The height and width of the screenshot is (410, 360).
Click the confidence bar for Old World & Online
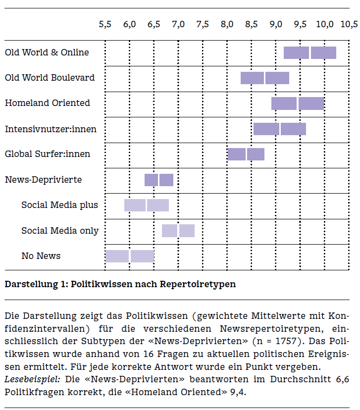pos(309,52)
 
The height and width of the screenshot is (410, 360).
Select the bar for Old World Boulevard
pos(264,78)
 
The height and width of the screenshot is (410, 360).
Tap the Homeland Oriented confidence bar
pos(297,103)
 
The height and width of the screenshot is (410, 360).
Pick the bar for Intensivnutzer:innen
pos(279,129)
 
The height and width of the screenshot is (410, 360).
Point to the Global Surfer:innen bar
pos(246,154)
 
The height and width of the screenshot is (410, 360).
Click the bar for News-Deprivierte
pos(158,180)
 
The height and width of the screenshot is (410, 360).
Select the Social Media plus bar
pos(146,205)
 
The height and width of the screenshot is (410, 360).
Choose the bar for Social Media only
pos(178,231)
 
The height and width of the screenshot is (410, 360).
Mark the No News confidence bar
pos(129,256)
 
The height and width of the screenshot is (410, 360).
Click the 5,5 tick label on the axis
pos(105,24)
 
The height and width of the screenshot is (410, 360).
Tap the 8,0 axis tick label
pos(227,24)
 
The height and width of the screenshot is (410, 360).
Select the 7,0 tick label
pos(178,24)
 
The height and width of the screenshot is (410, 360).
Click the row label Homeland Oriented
pos(48,103)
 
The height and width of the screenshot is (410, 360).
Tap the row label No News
pos(41,256)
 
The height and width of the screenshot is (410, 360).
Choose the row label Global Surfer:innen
pos(48,154)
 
